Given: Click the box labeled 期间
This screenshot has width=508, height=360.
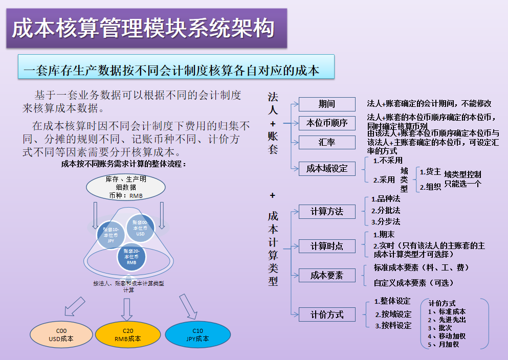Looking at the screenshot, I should point(326,104).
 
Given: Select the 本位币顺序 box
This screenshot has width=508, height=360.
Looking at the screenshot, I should point(326,123).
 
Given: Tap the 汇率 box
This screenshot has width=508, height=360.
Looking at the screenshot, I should point(326,142).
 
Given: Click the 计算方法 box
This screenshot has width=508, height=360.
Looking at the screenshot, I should point(326,211).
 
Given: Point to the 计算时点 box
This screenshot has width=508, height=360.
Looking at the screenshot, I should point(326,246).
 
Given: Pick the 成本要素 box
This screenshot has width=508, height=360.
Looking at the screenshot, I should point(326,276).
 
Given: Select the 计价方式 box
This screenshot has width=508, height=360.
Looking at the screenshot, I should point(326,314).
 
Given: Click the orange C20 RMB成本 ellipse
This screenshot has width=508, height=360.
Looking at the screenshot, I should point(127,334).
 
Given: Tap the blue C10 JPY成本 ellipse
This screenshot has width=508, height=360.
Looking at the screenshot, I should point(197,334).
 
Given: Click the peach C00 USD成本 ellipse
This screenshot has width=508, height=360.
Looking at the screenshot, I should point(61,334).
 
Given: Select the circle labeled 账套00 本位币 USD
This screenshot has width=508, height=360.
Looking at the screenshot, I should point(140,228).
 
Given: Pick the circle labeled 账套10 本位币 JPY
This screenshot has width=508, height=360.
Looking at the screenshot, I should point(111,235).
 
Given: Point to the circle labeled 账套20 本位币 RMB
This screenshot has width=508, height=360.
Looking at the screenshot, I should point(131,258).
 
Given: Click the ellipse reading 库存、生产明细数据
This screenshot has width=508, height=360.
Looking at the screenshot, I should point(125,187).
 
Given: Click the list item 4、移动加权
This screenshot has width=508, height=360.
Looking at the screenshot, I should point(447,336).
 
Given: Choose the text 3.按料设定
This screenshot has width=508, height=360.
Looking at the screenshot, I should point(393,325).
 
